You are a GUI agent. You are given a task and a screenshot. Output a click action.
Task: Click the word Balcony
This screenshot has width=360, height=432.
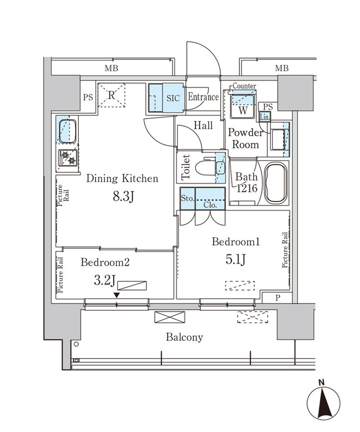pyautogui.click(x=184, y=337)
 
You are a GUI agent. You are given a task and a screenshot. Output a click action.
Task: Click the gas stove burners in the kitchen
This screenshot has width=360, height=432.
pyautogui.click(x=69, y=158)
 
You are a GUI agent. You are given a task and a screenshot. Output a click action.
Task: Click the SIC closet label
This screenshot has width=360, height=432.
pyautogui.click(x=173, y=98)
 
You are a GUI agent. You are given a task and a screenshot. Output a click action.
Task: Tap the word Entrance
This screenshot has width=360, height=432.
pyautogui.click(x=203, y=98)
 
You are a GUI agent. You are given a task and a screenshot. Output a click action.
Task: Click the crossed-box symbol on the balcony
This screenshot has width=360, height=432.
pyautogui.click(x=166, y=318)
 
